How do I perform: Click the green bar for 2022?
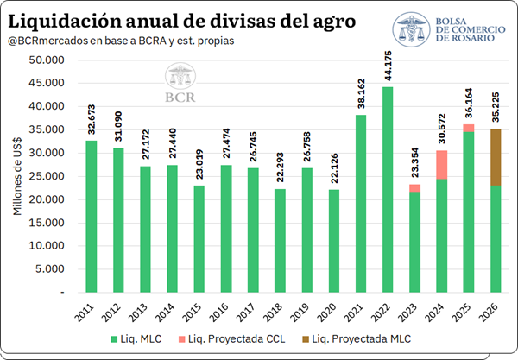click(x=388, y=190)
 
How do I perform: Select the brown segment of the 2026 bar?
click(x=496, y=157)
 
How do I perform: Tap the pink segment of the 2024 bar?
click(x=442, y=165)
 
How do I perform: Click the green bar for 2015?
click(x=199, y=239)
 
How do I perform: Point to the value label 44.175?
click(x=388, y=66)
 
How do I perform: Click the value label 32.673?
click(x=92, y=119)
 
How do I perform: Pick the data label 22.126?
click(x=334, y=168)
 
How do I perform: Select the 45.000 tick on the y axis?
click(x=47, y=83)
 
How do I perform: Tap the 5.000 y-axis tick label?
click(x=49, y=269)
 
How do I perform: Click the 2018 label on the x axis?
click(x=273, y=313)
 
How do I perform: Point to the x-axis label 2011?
click(x=85, y=313)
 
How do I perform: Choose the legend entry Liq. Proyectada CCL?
click(x=231, y=339)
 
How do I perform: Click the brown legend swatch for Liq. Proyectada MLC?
click(x=306, y=339)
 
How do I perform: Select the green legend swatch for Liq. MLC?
click(x=114, y=339)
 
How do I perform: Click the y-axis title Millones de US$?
click(x=17, y=176)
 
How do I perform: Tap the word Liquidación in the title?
click(x=65, y=22)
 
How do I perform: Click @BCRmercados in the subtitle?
click(x=48, y=41)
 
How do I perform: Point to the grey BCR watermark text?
click(x=180, y=98)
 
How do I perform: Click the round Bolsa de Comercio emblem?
click(x=411, y=29)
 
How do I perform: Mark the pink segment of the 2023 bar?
click(x=415, y=188)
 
